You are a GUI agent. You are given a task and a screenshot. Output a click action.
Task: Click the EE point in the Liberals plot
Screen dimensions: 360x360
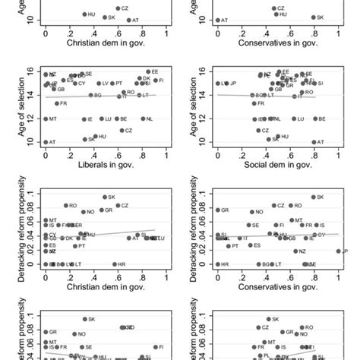coord(148,71)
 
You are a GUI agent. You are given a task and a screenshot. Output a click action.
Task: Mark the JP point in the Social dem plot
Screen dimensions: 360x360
coord(225,84)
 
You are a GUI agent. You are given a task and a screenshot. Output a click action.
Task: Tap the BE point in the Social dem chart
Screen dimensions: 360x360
coord(314,119)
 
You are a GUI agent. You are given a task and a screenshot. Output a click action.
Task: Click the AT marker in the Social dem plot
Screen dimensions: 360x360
coord(314,142)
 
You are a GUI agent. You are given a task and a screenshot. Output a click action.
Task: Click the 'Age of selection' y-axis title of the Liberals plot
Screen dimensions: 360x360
coord(14,106)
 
